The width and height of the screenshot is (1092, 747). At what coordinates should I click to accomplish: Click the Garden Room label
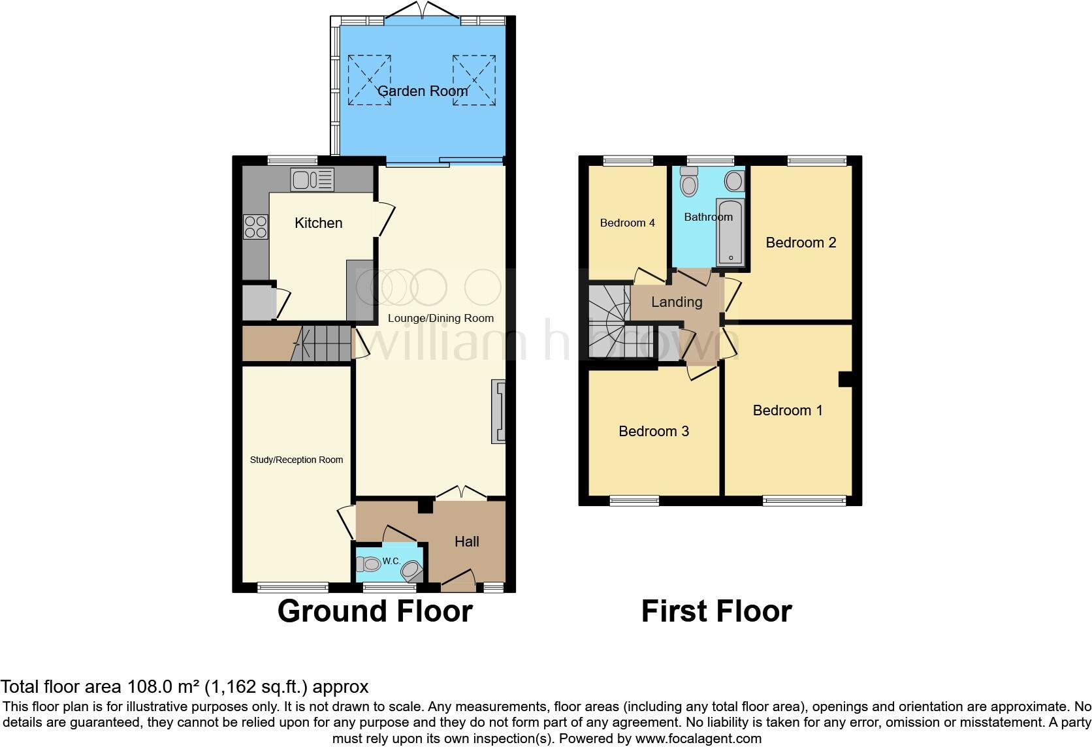tap(423, 91)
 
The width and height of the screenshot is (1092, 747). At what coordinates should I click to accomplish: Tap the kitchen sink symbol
tap(313, 180)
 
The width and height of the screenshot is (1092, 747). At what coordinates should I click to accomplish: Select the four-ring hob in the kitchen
tap(255, 226)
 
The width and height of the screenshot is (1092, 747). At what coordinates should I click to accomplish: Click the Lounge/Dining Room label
tap(441, 319)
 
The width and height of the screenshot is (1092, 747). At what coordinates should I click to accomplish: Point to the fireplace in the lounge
tap(498, 412)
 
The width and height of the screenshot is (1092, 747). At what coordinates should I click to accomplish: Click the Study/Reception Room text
tap(297, 460)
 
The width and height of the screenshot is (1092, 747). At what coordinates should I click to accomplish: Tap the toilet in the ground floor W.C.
tap(369, 564)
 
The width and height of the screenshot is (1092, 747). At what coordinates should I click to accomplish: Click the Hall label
tap(467, 541)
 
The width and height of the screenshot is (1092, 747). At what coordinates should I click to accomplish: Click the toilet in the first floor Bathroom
tap(689, 182)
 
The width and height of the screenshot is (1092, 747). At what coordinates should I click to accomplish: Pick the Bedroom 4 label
tap(627, 223)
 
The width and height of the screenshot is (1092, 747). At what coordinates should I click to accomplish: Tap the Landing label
tap(677, 302)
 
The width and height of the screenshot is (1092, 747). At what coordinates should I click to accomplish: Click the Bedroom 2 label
tap(801, 243)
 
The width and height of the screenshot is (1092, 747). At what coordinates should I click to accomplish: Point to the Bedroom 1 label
tap(788, 410)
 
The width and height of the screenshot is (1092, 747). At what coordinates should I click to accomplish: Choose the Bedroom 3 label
tap(654, 431)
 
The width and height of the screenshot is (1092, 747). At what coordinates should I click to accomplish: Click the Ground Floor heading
tap(375, 611)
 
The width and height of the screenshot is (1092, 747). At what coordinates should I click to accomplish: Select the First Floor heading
tap(716, 611)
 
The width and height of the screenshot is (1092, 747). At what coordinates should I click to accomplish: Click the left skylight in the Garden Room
tap(370, 80)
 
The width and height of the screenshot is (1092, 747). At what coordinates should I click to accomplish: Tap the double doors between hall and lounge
tap(461, 494)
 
